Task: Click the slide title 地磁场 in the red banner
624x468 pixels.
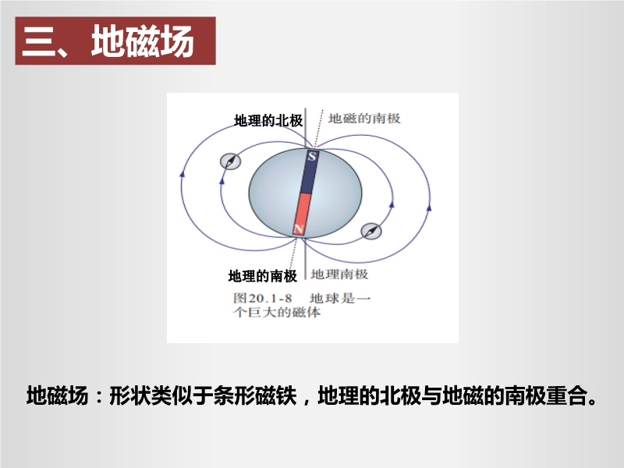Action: tap(143, 41)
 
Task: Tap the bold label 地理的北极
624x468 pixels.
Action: tap(268, 120)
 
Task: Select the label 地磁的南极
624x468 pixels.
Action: tap(364, 119)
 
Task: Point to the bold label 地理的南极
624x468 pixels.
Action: tap(263, 275)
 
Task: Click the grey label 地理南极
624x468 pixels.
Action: tap(339, 274)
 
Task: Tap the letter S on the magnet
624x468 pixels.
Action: tap(312, 156)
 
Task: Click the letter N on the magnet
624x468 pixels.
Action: tap(299, 229)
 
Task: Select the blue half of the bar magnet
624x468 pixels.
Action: tap(308, 172)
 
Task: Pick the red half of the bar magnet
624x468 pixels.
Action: tap(301, 214)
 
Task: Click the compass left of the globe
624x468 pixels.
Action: tap(230, 161)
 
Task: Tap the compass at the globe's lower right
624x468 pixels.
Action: tap(371, 231)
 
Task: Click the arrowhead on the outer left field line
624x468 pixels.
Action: tap(183, 173)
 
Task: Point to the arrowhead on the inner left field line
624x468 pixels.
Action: tap(222, 180)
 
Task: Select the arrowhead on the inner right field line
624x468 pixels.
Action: tap(392, 204)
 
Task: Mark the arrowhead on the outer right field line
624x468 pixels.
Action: tap(429, 207)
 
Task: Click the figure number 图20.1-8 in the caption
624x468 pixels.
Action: tap(263, 298)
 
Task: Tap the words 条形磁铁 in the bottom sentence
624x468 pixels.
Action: tap(255, 395)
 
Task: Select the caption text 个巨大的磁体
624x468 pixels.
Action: tap(277, 312)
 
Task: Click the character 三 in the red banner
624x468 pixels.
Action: tap(38, 42)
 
